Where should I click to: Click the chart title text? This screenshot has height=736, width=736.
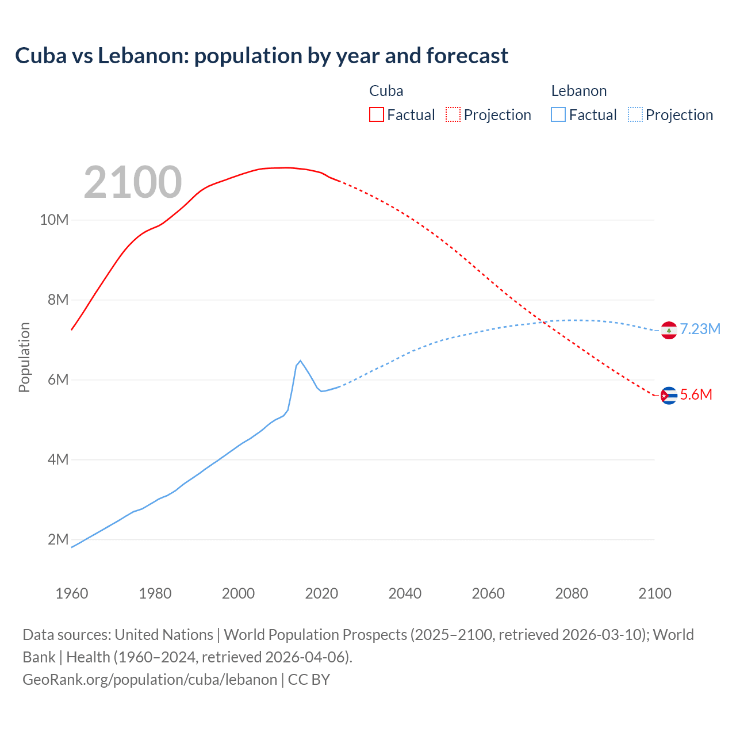click(x=262, y=56)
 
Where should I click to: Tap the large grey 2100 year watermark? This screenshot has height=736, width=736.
click(x=133, y=182)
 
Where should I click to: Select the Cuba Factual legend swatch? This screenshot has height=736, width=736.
click(x=376, y=114)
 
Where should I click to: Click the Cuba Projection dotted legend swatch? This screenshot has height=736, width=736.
click(x=453, y=114)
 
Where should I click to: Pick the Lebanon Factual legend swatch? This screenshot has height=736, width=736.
click(x=558, y=114)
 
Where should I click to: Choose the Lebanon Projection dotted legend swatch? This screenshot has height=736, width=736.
click(x=635, y=114)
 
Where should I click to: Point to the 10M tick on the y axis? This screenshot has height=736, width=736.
click(x=54, y=220)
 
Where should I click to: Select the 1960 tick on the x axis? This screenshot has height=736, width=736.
click(x=72, y=593)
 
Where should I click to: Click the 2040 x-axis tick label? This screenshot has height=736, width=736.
click(x=405, y=593)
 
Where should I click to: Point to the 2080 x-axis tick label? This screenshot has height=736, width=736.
click(x=572, y=593)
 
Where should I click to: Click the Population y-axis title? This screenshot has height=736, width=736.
click(x=24, y=357)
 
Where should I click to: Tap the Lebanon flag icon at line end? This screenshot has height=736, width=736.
click(x=669, y=330)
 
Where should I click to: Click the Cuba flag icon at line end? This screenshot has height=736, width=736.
click(x=669, y=396)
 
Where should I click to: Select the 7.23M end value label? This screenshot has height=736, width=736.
click(x=700, y=329)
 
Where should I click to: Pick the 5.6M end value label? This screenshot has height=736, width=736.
click(x=696, y=394)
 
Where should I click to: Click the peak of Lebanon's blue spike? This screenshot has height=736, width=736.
click(x=300, y=361)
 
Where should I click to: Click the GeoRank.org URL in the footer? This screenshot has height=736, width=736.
click(x=149, y=679)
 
